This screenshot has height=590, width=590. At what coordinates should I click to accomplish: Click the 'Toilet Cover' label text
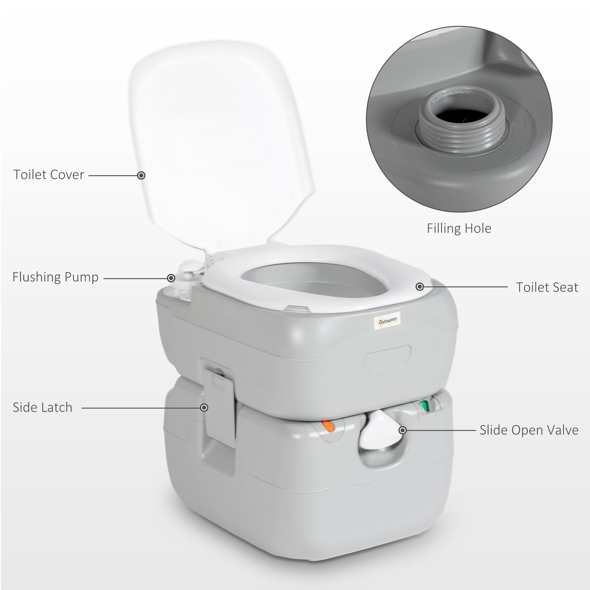click(49, 175)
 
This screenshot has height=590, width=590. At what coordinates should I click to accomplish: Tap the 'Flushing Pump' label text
click(56, 277)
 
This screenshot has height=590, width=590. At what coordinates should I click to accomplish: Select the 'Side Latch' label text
click(42, 407)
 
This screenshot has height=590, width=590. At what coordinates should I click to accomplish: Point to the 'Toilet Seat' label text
click(547, 287)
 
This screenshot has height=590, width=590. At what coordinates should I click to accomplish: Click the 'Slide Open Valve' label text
click(529, 430)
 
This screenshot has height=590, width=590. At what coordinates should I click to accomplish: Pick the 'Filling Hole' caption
click(459, 228)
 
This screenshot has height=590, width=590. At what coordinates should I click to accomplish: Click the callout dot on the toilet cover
click(141, 175)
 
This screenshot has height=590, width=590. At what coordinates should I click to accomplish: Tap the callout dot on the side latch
click(204, 407)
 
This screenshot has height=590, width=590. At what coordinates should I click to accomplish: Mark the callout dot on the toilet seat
click(419, 287)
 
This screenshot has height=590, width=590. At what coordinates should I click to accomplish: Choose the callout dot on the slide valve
click(403, 430)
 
